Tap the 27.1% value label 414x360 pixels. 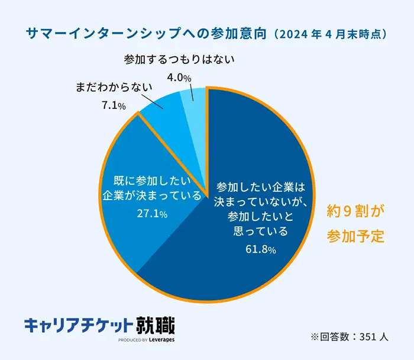[152, 214]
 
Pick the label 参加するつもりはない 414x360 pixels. [179, 59]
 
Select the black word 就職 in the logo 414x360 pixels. [155, 326]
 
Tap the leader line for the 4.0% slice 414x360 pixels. [192, 92]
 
